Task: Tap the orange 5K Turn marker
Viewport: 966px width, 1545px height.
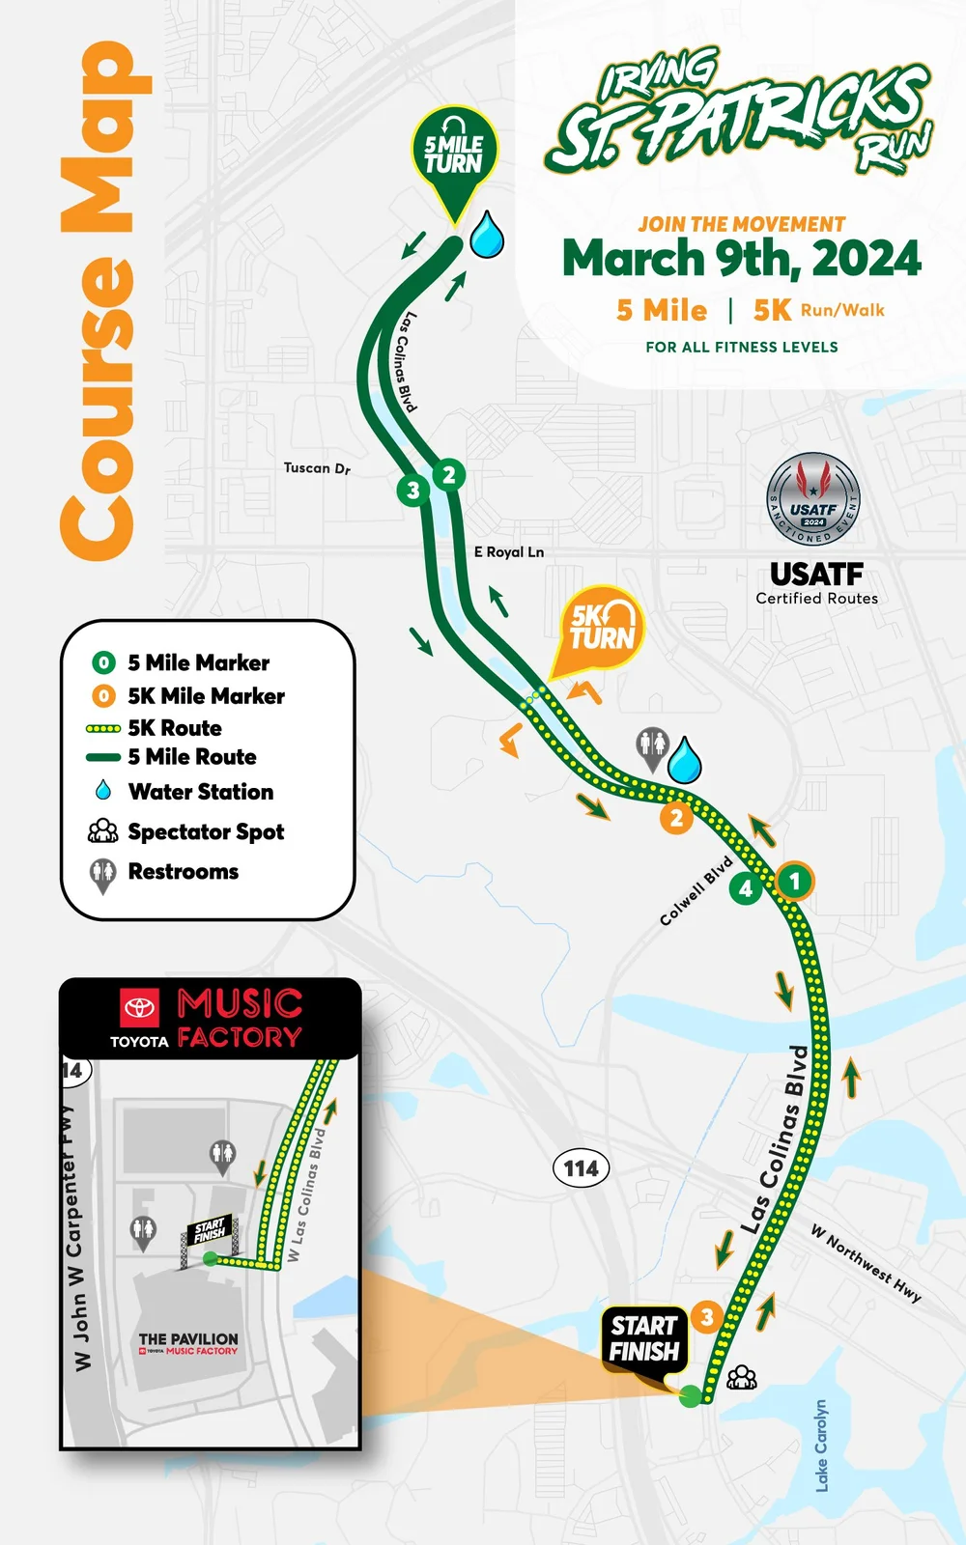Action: click(x=601, y=628)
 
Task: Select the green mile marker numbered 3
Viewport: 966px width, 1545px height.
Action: click(x=413, y=491)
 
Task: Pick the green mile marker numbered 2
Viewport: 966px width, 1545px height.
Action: click(x=448, y=475)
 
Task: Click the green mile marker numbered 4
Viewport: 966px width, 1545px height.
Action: click(x=745, y=888)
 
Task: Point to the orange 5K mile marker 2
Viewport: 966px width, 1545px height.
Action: click(x=676, y=819)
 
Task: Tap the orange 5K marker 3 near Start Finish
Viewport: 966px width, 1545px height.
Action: click(x=707, y=1316)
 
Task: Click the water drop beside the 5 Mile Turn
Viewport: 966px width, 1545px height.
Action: click(x=487, y=235)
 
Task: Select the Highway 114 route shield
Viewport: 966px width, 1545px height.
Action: click(x=581, y=1168)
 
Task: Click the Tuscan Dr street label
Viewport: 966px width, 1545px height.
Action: click(x=317, y=468)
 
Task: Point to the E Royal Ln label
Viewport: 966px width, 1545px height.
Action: click(x=509, y=552)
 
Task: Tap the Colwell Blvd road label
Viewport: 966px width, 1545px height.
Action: click(x=696, y=891)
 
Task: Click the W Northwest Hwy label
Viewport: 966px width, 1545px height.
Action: click(x=866, y=1263)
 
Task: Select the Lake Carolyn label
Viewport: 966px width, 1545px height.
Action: click(x=821, y=1446)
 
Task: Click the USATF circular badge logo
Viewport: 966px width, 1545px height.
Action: click(x=813, y=500)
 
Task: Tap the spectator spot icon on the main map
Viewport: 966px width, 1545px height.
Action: click(x=742, y=1377)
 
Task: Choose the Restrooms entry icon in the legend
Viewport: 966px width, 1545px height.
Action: click(x=102, y=874)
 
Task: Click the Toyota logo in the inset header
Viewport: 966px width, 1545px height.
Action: click(x=139, y=1008)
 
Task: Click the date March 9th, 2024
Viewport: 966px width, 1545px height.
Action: click(x=742, y=259)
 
